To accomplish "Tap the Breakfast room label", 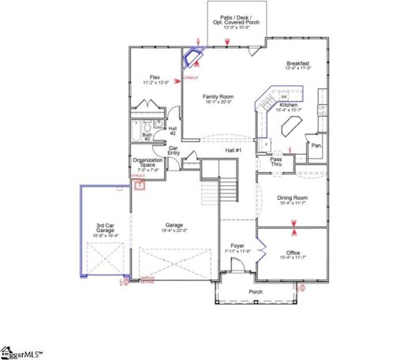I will [x=297, y=63].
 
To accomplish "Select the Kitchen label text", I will [x=288, y=105].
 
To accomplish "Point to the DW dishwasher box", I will [x=282, y=96].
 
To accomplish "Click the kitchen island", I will [x=267, y=143].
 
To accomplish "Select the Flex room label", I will [x=155, y=77].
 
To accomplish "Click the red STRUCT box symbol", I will [x=140, y=186].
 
